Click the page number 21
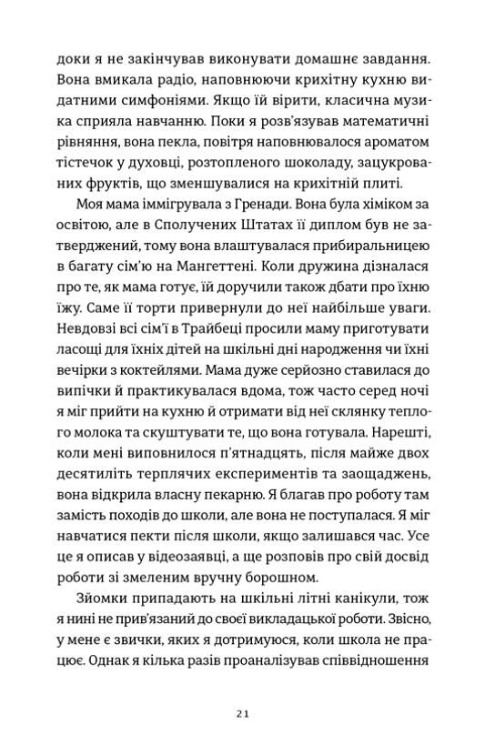tap(242, 714)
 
